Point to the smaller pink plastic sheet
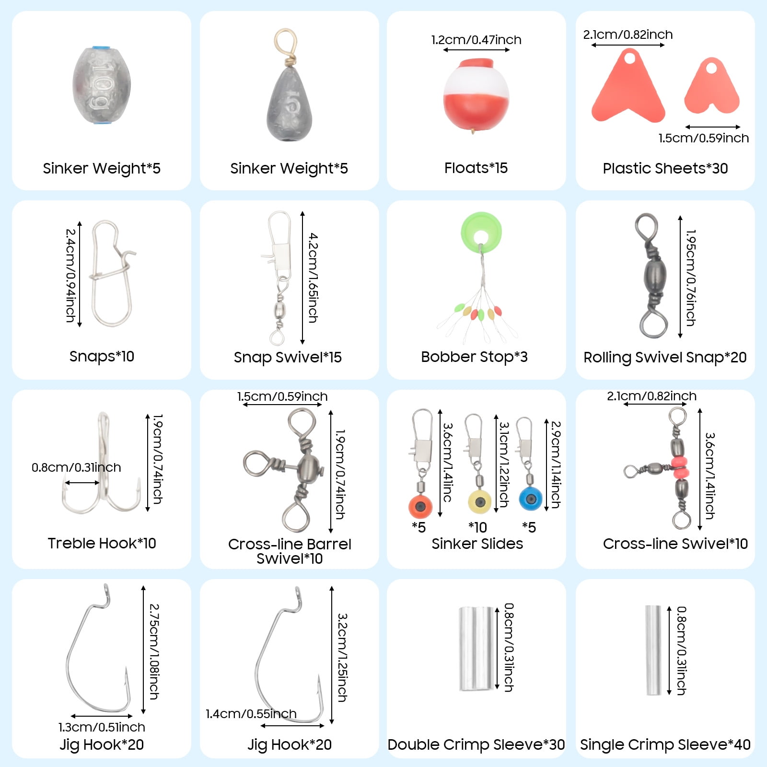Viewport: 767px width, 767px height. (711, 87)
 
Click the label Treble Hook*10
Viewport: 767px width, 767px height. (102, 543)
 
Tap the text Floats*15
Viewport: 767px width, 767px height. (476, 168)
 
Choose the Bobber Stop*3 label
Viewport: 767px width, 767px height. (474, 357)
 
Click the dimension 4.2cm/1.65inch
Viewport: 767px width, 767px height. (313, 278)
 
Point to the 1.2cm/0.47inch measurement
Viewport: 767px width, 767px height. (476, 40)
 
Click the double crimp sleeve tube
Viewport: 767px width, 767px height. (476, 649)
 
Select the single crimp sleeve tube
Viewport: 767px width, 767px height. (653, 650)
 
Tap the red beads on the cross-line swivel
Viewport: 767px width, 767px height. (679, 468)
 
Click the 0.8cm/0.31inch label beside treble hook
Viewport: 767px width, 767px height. (76, 467)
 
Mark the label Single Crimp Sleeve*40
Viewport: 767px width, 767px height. (665, 744)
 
